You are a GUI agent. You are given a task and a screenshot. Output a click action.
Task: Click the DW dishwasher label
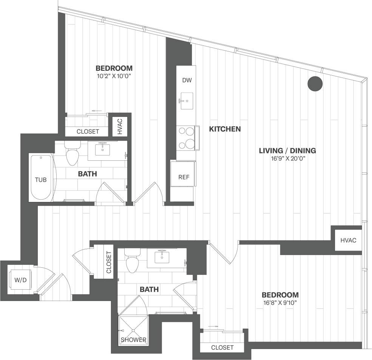tap(186, 80)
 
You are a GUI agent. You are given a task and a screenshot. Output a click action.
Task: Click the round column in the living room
tap(315, 84)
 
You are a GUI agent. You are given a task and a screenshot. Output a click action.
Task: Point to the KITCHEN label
tap(225, 129)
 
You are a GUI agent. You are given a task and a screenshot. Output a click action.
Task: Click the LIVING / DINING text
tap(287, 151)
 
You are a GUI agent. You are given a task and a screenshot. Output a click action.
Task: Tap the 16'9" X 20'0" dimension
tap(287, 159)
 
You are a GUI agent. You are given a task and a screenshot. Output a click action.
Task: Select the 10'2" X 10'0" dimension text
tap(114, 76)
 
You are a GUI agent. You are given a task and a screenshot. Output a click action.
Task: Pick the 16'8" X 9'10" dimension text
tap(280, 303)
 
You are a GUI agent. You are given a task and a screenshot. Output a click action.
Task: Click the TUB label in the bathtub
tap(41, 180)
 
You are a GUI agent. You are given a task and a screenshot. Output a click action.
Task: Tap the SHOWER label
tap(133, 340)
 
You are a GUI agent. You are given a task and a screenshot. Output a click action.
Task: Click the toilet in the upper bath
tap(71, 155)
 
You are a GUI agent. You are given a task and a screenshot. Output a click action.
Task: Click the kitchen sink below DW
tap(186, 101)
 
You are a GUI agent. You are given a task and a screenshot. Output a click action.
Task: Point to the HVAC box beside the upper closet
tap(120, 126)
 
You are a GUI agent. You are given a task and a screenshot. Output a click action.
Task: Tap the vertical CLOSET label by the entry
tap(109, 262)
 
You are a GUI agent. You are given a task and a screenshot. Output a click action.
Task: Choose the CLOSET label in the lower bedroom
tap(222, 347)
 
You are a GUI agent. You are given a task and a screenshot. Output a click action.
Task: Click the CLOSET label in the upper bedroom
tap(88, 132)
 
